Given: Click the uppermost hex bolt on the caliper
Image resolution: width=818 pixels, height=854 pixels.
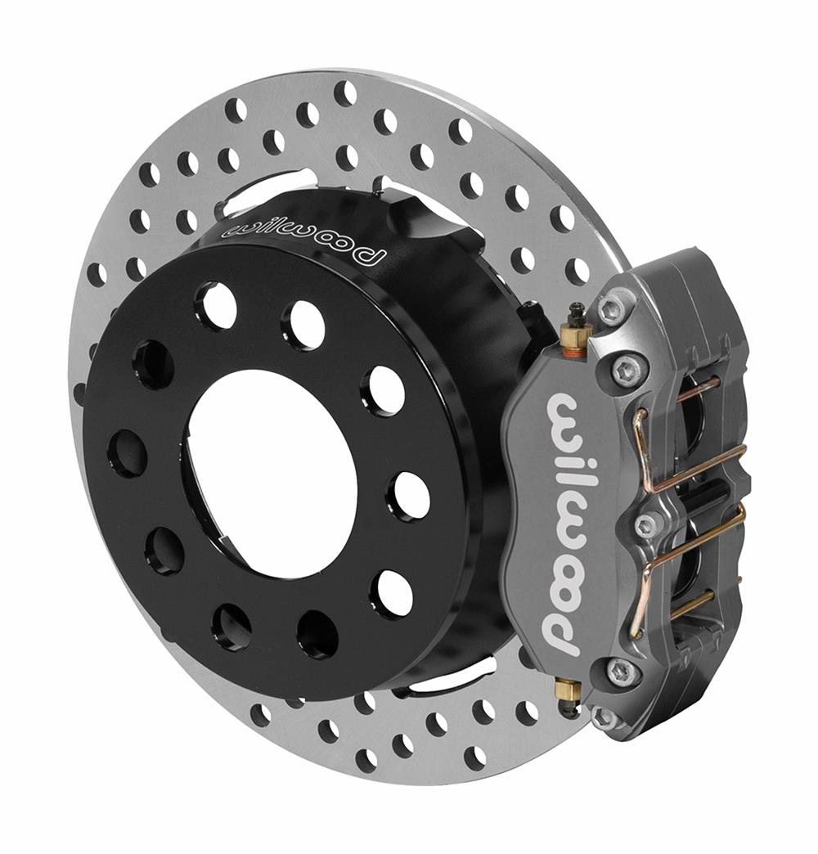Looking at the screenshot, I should point(609,308).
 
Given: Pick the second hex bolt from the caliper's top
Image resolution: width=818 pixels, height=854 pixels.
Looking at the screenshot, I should point(628,371).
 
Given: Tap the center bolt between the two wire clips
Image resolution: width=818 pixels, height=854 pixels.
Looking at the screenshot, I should point(646,524).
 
